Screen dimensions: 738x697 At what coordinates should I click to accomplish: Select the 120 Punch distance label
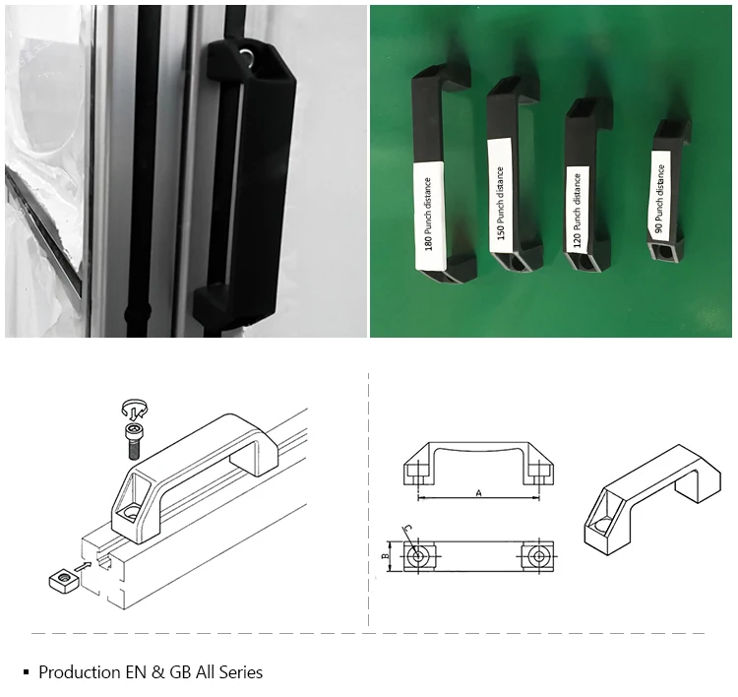[577, 210]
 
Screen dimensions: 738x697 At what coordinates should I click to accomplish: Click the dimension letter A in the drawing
[479, 492]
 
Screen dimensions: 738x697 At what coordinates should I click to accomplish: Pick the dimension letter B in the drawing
[385, 556]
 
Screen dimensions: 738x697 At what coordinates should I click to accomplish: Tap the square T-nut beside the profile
[62, 579]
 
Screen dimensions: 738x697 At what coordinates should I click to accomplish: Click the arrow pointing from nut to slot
[84, 566]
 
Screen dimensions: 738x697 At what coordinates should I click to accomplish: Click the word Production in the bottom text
[80, 672]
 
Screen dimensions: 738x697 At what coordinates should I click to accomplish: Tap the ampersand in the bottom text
[157, 672]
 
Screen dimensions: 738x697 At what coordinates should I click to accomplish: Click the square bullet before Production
[26, 672]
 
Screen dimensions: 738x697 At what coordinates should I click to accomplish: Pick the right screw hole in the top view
[538, 556]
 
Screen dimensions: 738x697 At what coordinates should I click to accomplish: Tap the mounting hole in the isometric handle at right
[601, 525]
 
